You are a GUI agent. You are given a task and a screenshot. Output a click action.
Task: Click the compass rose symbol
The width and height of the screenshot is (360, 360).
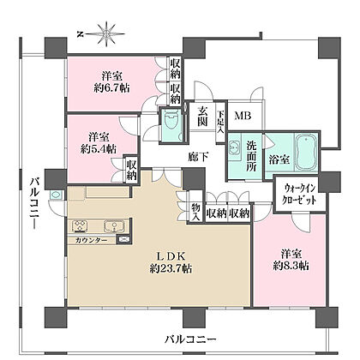click(106, 34)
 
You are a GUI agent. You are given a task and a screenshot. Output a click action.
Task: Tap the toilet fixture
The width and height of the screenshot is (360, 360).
click(171, 123)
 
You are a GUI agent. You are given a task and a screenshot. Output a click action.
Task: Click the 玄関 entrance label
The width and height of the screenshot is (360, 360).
click(201, 117)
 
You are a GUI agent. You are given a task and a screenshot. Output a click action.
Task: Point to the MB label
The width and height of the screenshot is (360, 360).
click(243, 116)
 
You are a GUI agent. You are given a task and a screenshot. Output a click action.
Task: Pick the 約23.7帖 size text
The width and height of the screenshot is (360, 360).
click(171, 268)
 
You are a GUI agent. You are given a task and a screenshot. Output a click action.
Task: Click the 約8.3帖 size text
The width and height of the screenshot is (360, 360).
click(291, 266)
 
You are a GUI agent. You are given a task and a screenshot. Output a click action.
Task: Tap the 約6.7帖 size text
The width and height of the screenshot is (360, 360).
click(111, 87)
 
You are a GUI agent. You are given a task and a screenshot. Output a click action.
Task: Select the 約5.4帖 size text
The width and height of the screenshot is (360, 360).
click(98, 148)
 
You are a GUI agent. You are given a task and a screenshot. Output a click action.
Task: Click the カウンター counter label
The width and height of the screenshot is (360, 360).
click(91, 240)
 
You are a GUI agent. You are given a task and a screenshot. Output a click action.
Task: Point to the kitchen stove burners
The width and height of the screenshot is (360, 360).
click(80, 225)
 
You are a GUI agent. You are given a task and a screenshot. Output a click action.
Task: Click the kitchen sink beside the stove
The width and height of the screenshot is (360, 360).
click(113, 225)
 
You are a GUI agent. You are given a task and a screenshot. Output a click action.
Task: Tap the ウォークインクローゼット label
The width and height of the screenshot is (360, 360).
click(299, 194)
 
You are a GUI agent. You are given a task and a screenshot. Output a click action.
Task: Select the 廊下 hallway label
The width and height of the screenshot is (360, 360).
click(198, 157)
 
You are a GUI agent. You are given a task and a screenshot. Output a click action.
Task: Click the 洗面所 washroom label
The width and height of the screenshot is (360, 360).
click(252, 156)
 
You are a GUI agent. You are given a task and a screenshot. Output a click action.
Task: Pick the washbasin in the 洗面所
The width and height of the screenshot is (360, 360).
click(235, 147)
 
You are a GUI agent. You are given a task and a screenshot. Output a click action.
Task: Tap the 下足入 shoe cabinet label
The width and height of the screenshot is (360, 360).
click(220, 122)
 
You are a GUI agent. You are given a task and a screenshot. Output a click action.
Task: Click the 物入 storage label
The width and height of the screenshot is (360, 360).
click(195, 212)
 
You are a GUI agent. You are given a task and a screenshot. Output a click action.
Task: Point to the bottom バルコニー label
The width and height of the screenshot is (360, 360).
click(190, 339)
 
